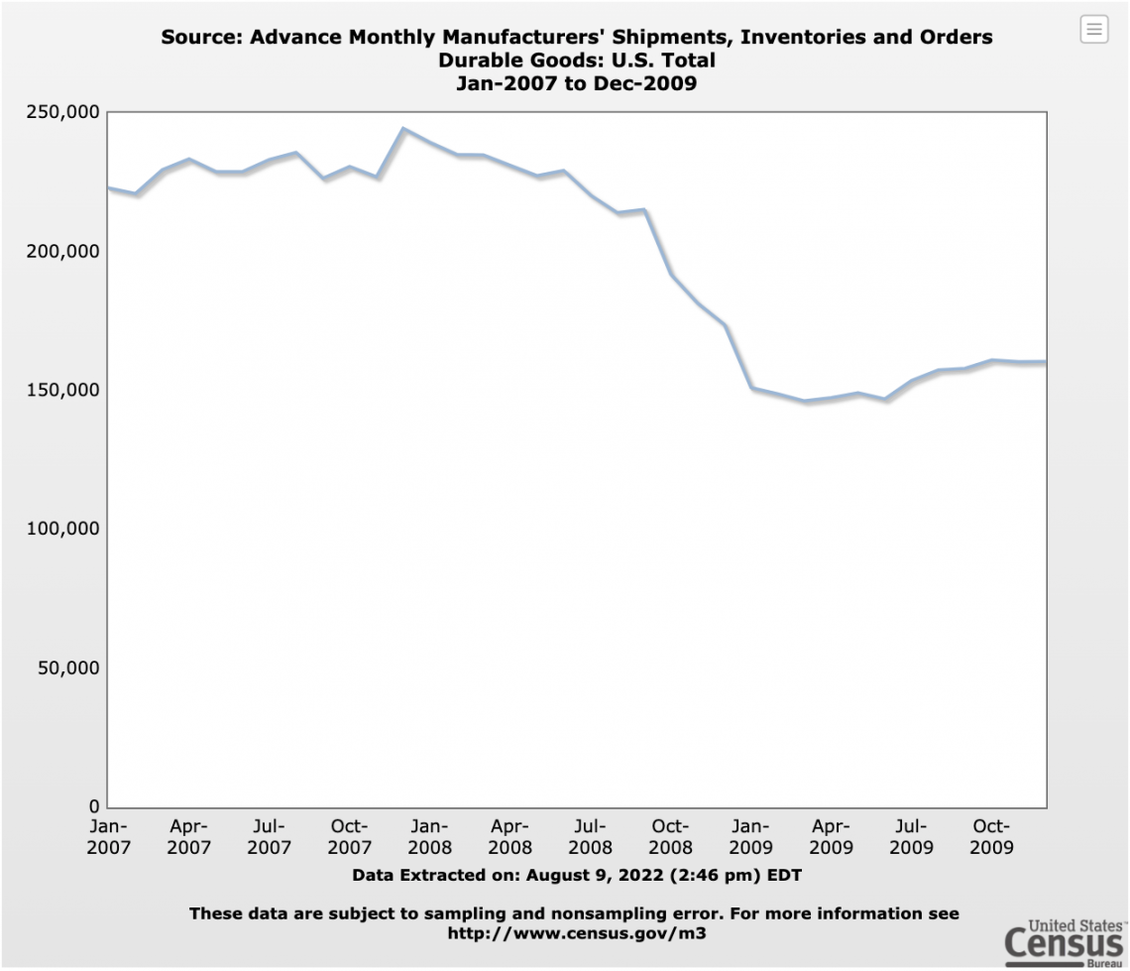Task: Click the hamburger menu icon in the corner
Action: [1093, 30]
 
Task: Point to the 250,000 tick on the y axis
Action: [61, 112]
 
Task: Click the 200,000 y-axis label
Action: [61, 251]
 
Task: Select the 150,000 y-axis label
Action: [61, 390]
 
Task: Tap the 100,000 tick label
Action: [61, 529]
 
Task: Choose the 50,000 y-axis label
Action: [66, 668]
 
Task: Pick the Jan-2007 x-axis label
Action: [108, 836]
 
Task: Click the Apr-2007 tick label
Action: [188, 836]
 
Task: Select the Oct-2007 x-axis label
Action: [349, 836]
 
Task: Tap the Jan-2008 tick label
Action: [430, 836]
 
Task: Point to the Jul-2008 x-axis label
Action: [591, 836]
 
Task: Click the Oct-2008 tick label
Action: [670, 836]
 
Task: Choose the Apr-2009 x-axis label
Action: [831, 836]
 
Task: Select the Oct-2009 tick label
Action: [991, 836]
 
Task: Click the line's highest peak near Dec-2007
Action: [403, 129]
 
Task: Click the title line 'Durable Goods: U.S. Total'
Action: [576, 61]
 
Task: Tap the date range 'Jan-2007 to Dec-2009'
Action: [576, 83]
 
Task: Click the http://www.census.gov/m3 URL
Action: [575, 933]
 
